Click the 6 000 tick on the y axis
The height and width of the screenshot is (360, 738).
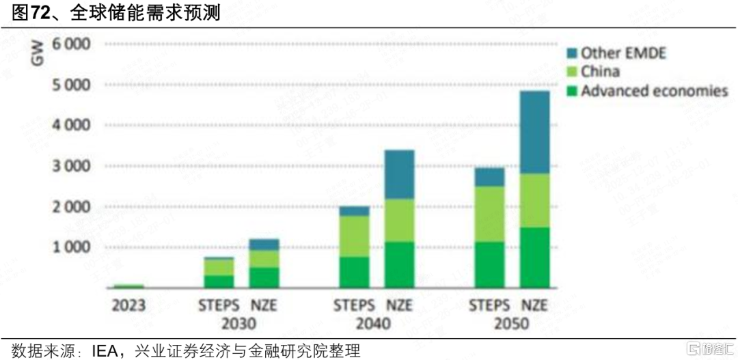(71, 44)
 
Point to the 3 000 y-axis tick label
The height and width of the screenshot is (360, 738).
(71, 166)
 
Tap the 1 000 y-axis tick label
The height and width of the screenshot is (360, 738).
(71, 247)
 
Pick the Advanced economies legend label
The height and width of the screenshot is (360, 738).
(654, 91)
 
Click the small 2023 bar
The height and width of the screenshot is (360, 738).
(128, 286)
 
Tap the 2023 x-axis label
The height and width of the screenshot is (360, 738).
(128, 305)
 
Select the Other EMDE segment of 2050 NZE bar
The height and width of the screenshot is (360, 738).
(535, 132)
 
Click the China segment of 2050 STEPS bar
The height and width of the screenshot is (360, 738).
(489, 214)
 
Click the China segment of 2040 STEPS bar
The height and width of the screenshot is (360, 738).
(354, 236)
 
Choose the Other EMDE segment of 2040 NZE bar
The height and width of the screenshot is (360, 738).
(399, 174)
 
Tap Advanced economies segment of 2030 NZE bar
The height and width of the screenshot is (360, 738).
(263, 277)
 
